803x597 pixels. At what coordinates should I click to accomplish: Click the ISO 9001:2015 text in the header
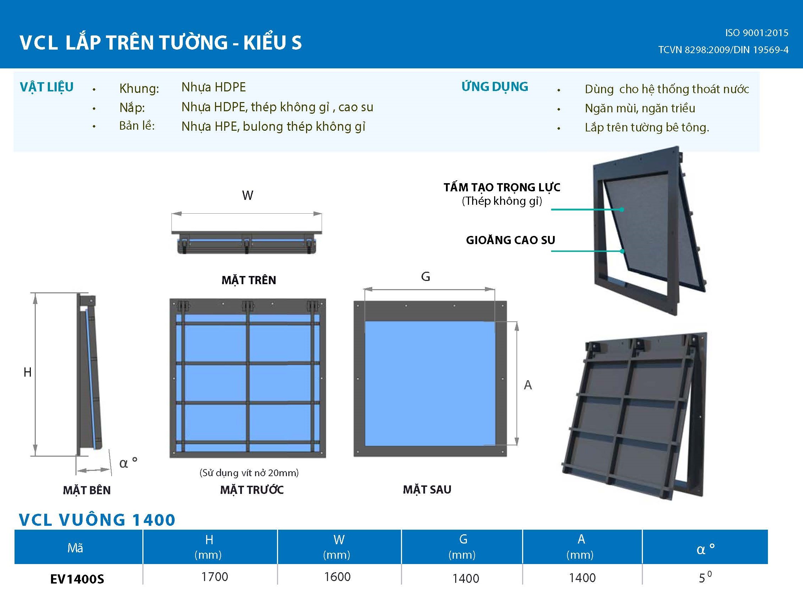[x=756, y=33]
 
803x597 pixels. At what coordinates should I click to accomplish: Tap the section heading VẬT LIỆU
[x=47, y=87]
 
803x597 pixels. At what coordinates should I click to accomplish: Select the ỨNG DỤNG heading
[x=494, y=87]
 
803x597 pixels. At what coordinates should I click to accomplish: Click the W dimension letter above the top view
[x=248, y=196]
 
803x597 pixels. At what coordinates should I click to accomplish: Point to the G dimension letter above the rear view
[x=425, y=277]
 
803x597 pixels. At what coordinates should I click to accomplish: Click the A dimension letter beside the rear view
[x=528, y=385]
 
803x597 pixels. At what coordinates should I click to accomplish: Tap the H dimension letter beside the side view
[x=28, y=372]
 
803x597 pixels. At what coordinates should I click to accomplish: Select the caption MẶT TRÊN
[x=249, y=280]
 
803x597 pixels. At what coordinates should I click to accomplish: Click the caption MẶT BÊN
[x=87, y=490]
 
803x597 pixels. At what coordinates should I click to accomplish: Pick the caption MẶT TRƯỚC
[x=252, y=490]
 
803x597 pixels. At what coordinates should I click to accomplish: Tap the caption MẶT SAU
[x=427, y=490]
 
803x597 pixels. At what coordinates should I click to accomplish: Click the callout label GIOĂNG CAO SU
[x=510, y=240]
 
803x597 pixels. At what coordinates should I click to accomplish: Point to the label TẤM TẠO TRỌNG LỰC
[x=502, y=187]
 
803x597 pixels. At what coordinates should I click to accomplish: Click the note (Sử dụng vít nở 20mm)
[x=249, y=473]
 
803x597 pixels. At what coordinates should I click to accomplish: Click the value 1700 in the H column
[x=215, y=577]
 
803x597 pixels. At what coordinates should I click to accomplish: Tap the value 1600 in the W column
[x=337, y=577]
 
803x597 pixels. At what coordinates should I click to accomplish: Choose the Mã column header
[x=75, y=548]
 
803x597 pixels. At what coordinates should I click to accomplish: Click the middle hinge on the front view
[x=248, y=306]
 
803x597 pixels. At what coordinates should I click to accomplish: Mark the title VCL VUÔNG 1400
[x=97, y=520]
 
